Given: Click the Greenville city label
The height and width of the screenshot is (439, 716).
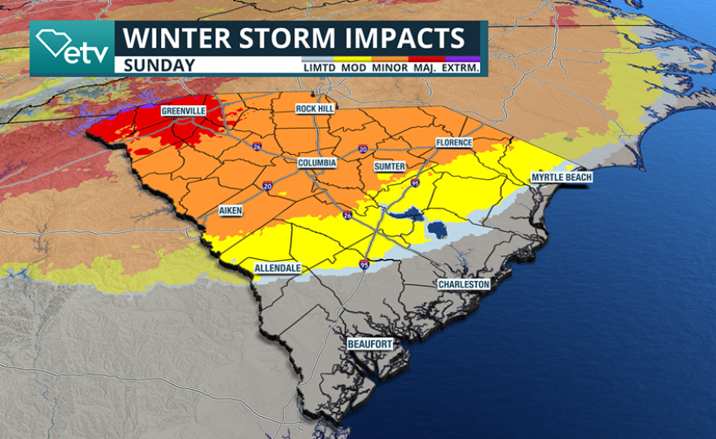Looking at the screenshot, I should (x=181, y=111).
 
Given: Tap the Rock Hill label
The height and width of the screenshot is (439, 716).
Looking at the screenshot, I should (x=315, y=108).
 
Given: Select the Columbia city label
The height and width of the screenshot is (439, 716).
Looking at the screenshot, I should (x=317, y=163).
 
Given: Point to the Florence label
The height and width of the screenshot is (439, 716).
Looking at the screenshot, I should (x=453, y=143).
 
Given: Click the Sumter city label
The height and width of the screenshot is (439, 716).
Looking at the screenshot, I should (x=389, y=166).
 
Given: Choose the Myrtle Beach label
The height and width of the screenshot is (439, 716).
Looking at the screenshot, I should (x=561, y=177).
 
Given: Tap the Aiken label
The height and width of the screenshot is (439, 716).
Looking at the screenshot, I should (x=230, y=210).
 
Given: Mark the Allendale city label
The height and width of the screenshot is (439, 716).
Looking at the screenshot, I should (x=277, y=267).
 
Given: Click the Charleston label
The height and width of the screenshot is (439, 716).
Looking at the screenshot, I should (x=464, y=284).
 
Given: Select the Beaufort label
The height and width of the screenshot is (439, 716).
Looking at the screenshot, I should (x=369, y=345).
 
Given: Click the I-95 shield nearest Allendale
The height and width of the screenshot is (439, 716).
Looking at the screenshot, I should (x=364, y=264).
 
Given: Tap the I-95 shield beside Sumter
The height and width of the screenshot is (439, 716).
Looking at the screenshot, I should (x=414, y=183).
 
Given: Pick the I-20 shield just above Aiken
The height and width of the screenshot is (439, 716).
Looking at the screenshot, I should (x=268, y=187).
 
